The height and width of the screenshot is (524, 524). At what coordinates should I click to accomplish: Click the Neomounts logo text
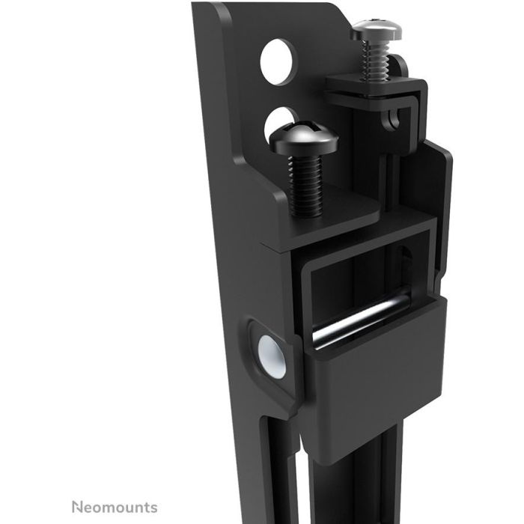115,507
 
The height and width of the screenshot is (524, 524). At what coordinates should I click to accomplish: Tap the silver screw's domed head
376,31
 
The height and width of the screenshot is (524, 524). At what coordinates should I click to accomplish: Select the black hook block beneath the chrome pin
374,382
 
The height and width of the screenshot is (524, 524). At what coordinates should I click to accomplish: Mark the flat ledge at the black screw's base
329,221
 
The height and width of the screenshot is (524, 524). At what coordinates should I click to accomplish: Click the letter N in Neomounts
76,507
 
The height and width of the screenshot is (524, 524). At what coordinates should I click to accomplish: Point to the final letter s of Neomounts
153,508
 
